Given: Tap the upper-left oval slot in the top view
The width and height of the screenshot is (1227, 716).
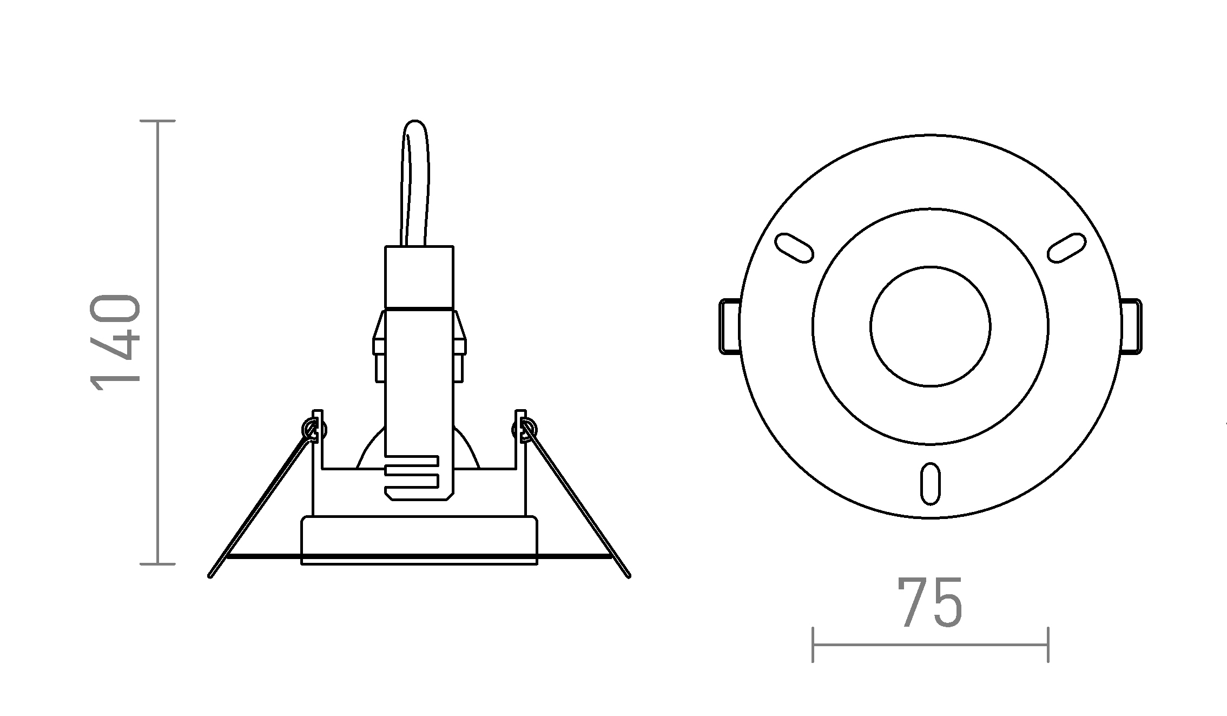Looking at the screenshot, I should [x=794, y=248].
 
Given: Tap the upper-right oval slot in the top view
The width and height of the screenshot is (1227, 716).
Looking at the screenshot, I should [x=1067, y=248].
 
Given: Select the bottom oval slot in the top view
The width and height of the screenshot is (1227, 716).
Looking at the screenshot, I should [x=931, y=483].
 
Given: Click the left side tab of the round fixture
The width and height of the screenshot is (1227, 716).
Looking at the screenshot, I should [x=729, y=326].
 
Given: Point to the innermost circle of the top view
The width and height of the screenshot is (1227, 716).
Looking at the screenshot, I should [x=931, y=326].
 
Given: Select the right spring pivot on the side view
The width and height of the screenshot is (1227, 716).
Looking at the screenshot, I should [x=524, y=430].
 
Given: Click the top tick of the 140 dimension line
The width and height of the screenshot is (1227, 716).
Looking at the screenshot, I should [x=157, y=121].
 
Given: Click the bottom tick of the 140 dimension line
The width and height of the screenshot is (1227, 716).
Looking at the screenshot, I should [x=157, y=564].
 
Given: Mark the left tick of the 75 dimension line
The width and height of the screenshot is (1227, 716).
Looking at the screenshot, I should [x=813, y=645].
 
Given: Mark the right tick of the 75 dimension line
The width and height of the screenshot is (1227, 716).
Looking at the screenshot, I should [x=1048, y=645].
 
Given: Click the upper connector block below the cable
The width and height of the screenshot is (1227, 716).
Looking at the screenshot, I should [x=419, y=277].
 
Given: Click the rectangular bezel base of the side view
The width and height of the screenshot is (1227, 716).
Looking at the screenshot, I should [x=419, y=540].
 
